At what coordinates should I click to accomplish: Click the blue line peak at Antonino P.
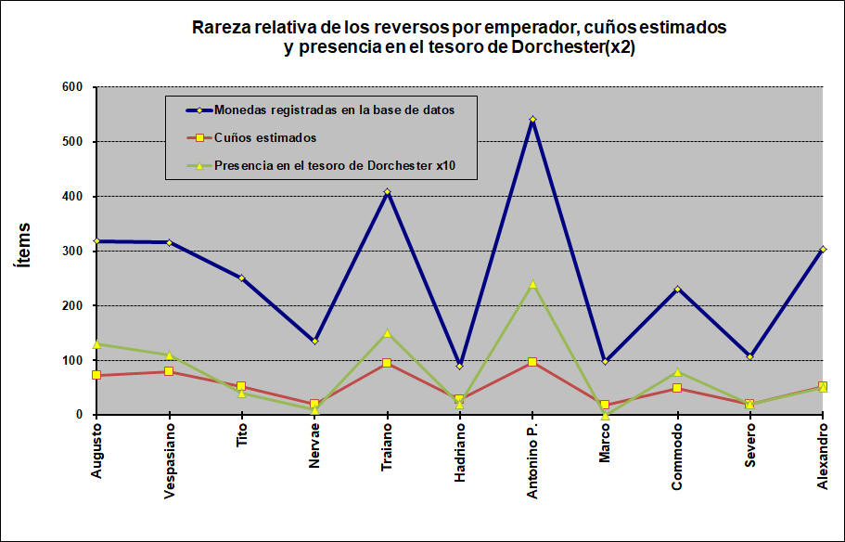click(x=532, y=119)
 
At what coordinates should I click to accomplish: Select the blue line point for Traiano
click(x=387, y=192)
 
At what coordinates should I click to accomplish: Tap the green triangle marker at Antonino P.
click(x=532, y=284)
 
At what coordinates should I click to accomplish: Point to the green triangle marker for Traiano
click(x=387, y=333)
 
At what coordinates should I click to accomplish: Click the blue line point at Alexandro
click(x=823, y=249)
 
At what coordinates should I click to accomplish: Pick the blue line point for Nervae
click(x=314, y=341)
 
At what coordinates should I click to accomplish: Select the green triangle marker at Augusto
click(x=96, y=344)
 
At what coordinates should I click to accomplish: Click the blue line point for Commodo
click(x=677, y=289)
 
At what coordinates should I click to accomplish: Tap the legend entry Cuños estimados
click(x=265, y=138)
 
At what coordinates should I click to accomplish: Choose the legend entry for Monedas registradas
click(x=334, y=110)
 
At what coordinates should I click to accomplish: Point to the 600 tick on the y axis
click(x=72, y=87)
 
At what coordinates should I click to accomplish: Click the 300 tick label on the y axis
click(x=72, y=251)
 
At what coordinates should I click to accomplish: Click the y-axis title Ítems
click(x=24, y=245)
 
